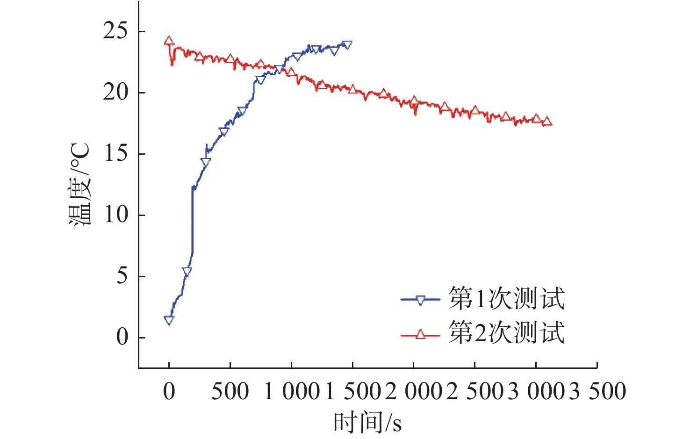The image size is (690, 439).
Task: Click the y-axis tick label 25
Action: click(115, 31)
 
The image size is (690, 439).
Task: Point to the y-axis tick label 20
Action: click(115, 93)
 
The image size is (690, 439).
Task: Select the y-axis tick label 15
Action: click(115, 154)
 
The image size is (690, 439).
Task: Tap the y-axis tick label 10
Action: click(115, 215)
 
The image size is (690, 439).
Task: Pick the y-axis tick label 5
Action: click(122, 276)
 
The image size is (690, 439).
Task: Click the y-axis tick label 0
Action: click(122, 337)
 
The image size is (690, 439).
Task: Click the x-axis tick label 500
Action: click(230, 391)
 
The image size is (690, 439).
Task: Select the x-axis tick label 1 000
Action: click(292, 391)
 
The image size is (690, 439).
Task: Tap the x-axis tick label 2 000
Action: click(414, 391)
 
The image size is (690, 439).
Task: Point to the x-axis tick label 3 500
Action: click(598, 391)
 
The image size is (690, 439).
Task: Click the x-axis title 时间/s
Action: click(367, 423)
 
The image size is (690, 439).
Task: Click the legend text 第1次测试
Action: click(506, 298)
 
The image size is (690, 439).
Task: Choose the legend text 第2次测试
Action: click(506, 332)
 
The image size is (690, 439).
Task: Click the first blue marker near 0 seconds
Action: click(169, 320)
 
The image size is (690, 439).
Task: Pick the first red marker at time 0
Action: click(169, 41)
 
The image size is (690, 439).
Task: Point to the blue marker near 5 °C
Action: click(187, 271)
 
